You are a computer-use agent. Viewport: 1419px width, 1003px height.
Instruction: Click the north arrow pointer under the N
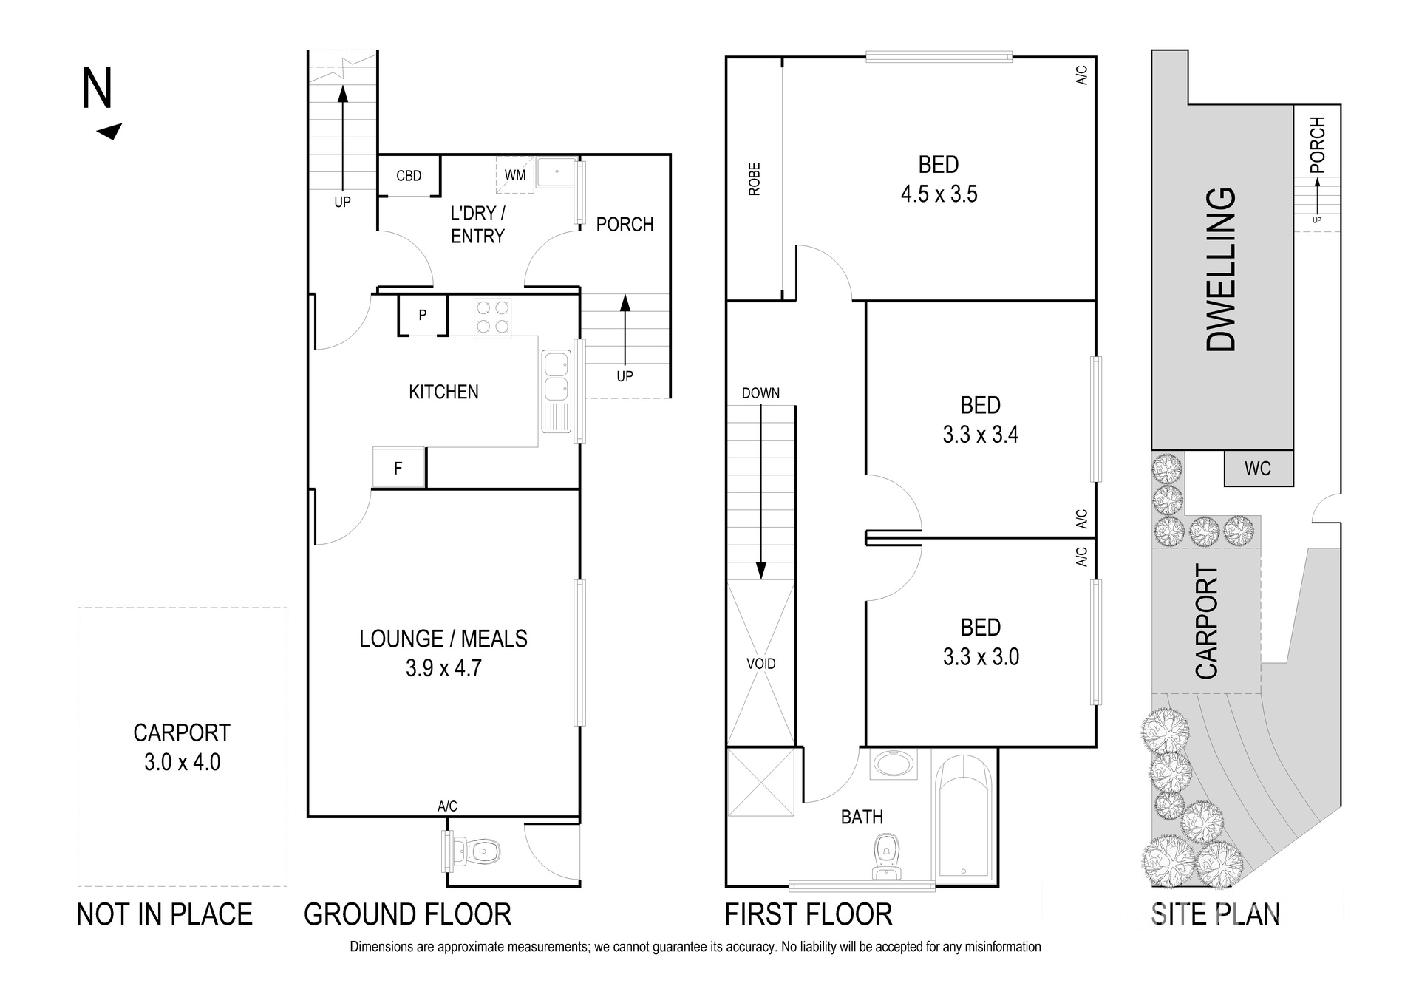pyautogui.click(x=110, y=132)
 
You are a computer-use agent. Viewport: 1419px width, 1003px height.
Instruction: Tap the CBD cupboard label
pyautogui.click(x=409, y=176)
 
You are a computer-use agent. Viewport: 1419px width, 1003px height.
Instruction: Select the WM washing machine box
pyautogui.click(x=514, y=175)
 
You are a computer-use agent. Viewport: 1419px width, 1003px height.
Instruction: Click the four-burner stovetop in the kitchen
pyautogui.click(x=492, y=318)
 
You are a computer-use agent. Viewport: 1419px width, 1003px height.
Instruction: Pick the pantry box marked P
pyautogui.click(x=423, y=316)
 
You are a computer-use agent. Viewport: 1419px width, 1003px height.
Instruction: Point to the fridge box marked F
pyautogui.click(x=398, y=468)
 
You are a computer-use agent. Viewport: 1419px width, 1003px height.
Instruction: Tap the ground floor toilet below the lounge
pyautogui.click(x=477, y=851)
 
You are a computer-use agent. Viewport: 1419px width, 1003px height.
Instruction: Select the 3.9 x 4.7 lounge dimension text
pyautogui.click(x=443, y=668)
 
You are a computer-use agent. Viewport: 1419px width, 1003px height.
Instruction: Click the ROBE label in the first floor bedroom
pyautogui.click(x=755, y=180)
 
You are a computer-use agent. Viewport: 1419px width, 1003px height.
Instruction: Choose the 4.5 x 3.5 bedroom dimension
pyautogui.click(x=939, y=194)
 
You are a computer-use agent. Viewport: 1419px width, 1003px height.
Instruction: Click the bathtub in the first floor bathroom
pyautogui.click(x=964, y=820)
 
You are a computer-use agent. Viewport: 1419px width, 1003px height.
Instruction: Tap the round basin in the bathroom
pyautogui.click(x=894, y=764)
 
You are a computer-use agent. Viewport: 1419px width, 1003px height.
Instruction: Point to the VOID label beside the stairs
pyautogui.click(x=760, y=664)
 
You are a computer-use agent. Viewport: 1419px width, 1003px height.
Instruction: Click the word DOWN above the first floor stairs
pyautogui.click(x=760, y=393)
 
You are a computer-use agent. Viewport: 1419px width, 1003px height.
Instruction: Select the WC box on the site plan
pyautogui.click(x=1258, y=469)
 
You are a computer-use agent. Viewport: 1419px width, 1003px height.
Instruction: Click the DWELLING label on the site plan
pyautogui.click(x=1221, y=270)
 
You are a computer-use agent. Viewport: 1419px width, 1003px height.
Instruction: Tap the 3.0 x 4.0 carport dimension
pyautogui.click(x=182, y=762)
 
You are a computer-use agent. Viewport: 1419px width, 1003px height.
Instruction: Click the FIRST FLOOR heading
pyautogui.click(x=808, y=915)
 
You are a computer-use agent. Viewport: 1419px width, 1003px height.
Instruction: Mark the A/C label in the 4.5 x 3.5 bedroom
pyautogui.click(x=1081, y=75)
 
